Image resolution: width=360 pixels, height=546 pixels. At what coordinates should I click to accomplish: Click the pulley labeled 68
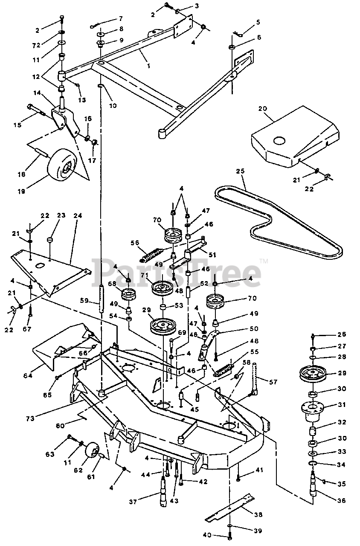128,295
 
